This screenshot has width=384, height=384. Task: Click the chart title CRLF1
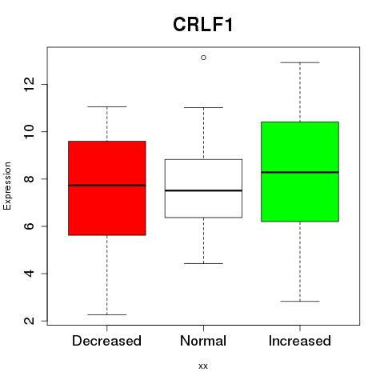(x=203, y=25)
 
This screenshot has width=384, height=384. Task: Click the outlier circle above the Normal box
(x=203, y=58)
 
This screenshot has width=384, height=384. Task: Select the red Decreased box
(x=107, y=188)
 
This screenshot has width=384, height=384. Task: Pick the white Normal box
(x=203, y=189)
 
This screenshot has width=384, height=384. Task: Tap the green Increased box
(x=300, y=171)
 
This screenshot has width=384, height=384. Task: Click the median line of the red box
(x=107, y=186)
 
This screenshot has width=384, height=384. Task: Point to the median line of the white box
(x=203, y=190)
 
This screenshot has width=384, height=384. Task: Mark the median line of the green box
(x=300, y=172)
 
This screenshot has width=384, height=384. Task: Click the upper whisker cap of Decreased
(x=107, y=106)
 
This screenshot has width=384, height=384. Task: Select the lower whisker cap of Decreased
(x=107, y=314)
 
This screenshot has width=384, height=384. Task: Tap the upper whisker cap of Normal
(x=203, y=107)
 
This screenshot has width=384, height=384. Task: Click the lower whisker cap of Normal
(x=203, y=263)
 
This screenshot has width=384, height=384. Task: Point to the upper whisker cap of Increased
(x=300, y=62)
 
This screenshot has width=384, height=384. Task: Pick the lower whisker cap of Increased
(x=300, y=301)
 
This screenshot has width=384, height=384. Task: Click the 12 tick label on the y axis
(x=30, y=84)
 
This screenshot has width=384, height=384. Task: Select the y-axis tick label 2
(x=30, y=321)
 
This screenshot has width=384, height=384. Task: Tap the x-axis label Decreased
(x=106, y=341)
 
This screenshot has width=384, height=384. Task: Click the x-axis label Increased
(x=300, y=341)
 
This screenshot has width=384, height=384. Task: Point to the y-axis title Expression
(x=7, y=186)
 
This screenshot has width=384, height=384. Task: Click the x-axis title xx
(x=203, y=366)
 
